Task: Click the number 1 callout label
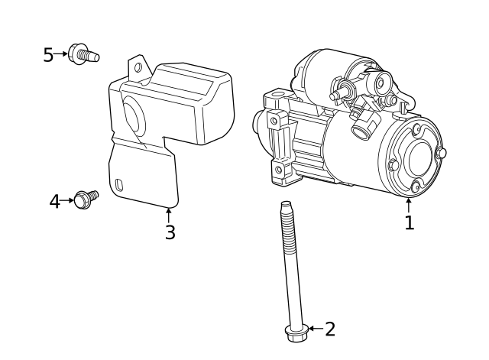[409, 222]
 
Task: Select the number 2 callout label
[330, 329]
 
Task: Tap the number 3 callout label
[170, 232]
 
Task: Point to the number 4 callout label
[54, 202]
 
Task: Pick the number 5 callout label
[48, 55]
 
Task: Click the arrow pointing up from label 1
[409, 205]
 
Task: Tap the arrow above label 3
[169, 214]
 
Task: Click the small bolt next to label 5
[83, 54]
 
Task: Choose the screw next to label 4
[86, 199]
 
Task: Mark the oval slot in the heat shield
[120, 183]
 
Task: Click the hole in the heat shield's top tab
[138, 67]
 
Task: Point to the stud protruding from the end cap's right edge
[441, 153]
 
